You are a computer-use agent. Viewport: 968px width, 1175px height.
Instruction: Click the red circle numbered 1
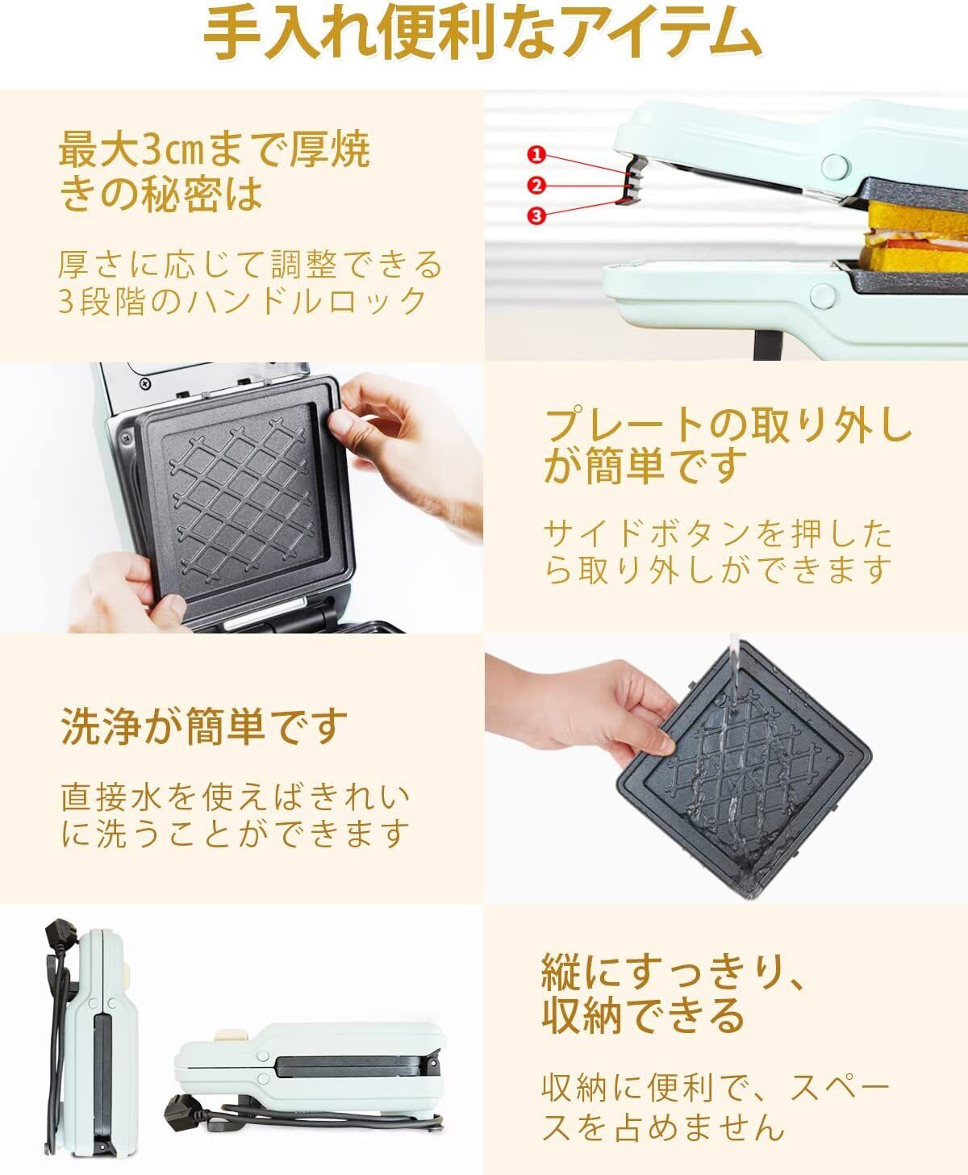[536, 154]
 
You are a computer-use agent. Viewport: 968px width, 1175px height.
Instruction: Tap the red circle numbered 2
[536, 185]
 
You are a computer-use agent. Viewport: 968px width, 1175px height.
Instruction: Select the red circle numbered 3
[536, 215]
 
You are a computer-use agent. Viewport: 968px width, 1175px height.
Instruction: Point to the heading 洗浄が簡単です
[203, 726]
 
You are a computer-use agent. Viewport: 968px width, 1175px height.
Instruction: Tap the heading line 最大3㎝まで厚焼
[215, 149]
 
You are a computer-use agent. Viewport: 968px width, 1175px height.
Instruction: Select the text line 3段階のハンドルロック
[242, 301]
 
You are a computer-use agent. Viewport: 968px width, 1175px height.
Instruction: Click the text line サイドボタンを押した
[718, 533]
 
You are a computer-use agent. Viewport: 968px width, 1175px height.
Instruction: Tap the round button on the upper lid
[835, 167]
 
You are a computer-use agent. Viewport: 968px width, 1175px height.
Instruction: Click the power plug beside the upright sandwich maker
[60, 938]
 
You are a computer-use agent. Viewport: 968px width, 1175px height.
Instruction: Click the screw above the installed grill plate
[145, 384]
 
